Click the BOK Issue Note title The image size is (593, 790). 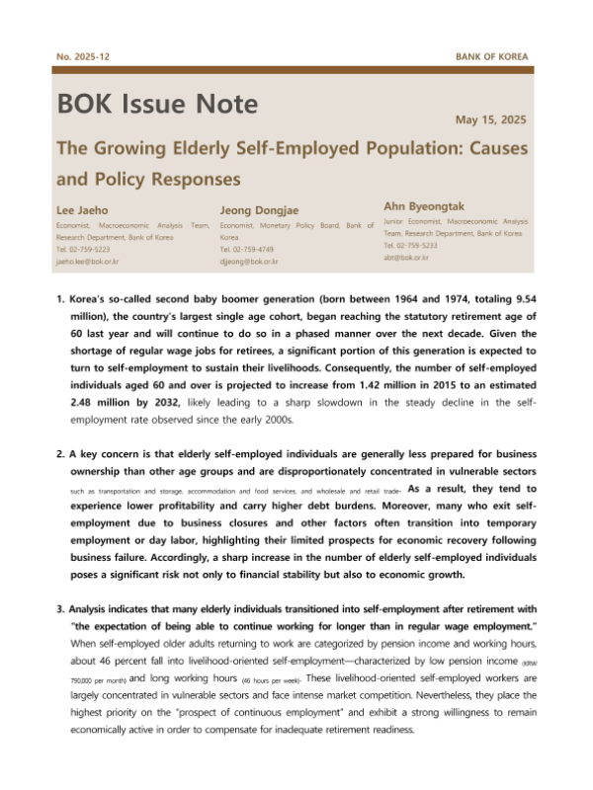(x=158, y=105)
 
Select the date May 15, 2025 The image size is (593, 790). (x=491, y=119)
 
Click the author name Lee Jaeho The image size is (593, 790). (x=81, y=209)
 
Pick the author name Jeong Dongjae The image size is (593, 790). (x=259, y=209)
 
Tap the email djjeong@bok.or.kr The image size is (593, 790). (x=249, y=262)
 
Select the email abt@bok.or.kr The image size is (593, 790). (x=406, y=256)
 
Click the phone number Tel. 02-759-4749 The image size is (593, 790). (x=254, y=250)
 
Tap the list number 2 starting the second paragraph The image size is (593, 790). (x=61, y=454)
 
